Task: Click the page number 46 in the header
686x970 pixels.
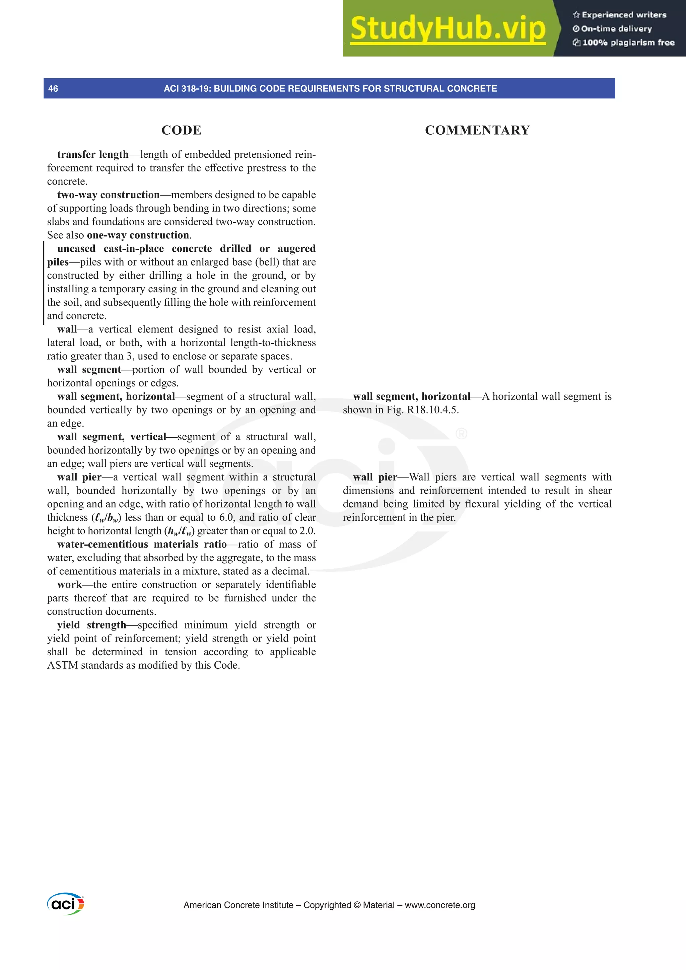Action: (53, 89)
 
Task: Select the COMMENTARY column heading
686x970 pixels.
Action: (477, 130)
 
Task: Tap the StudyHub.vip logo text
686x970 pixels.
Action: (448, 29)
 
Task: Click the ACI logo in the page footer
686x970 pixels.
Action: (66, 904)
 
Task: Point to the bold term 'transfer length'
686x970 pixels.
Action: (92, 155)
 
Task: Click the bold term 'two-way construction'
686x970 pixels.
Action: (108, 195)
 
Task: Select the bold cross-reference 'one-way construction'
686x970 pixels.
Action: (138, 235)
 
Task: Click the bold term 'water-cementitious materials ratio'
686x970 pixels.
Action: (142, 544)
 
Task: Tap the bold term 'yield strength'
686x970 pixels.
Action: (91, 625)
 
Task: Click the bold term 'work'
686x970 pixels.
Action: (69, 585)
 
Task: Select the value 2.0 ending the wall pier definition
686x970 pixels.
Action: (307, 531)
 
